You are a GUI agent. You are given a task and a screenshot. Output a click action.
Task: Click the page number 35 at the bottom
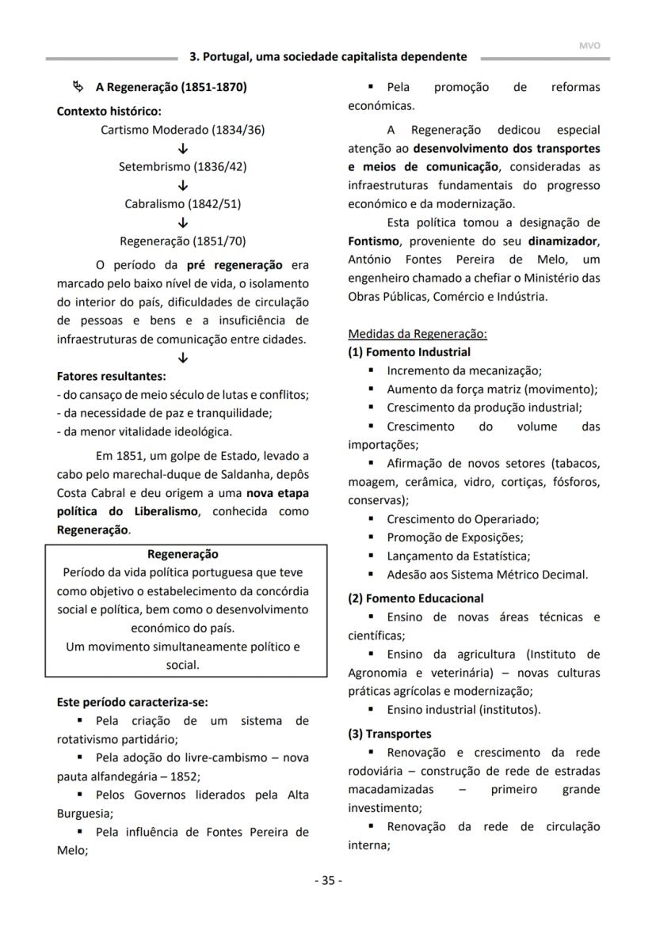(328, 880)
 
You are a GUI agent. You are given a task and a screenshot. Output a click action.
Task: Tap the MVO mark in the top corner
(589, 46)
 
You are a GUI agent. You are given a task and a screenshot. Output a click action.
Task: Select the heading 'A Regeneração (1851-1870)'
(171, 87)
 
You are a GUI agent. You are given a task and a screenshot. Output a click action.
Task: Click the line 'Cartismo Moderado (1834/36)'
(183, 130)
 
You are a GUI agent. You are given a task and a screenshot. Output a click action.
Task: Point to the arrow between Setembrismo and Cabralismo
(183, 185)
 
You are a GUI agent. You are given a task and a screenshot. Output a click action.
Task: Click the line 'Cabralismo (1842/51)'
(183, 203)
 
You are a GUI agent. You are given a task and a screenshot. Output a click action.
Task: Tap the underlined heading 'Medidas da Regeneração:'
(418, 334)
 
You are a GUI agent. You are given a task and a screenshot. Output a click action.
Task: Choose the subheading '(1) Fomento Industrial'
(410, 352)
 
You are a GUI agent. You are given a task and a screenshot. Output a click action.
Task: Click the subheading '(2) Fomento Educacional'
(416, 598)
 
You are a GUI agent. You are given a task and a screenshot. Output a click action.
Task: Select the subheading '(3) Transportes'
(390, 734)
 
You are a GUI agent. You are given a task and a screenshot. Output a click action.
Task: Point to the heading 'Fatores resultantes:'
(112, 376)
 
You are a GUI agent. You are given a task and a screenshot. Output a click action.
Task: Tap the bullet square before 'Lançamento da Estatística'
(371, 556)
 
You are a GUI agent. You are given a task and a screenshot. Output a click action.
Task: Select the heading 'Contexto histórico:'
(109, 112)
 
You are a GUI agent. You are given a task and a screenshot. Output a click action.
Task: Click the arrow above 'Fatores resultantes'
(183, 358)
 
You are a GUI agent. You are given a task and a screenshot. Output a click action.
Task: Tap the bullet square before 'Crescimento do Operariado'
(371, 519)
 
